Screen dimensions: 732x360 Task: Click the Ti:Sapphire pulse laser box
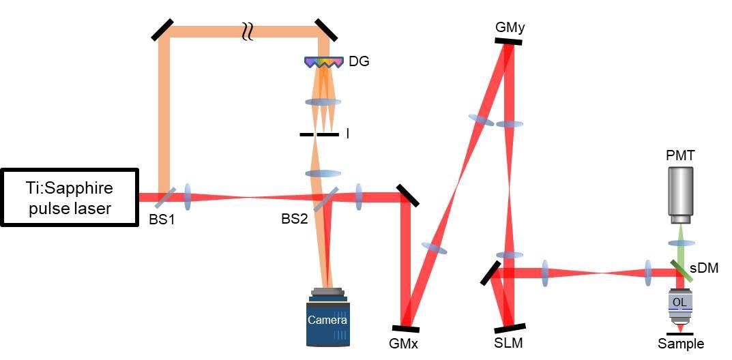pyautogui.click(x=70, y=197)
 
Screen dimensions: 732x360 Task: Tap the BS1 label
pyautogui.click(x=162, y=220)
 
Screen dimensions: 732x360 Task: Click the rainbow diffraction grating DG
pyautogui.click(x=323, y=63)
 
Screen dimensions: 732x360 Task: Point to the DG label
pyautogui.click(x=359, y=61)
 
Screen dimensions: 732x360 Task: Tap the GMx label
pyautogui.click(x=403, y=344)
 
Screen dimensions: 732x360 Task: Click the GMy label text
pyautogui.click(x=510, y=27)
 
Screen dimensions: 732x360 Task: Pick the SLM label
pyautogui.click(x=508, y=344)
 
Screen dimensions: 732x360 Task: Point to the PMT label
pyautogui.click(x=680, y=156)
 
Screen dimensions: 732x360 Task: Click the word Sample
pyautogui.click(x=681, y=344)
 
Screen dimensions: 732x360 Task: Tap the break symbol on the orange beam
pyautogui.click(x=248, y=32)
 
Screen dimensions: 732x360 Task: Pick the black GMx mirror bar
pyautogui.click(x=405, y=328)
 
